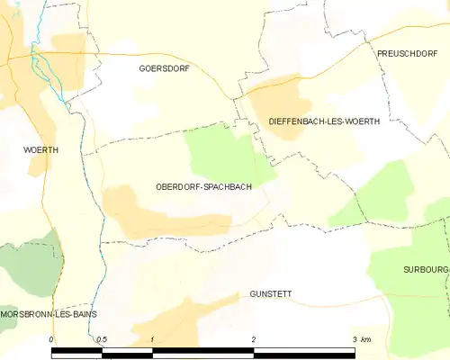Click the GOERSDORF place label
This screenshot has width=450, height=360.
[164, 68]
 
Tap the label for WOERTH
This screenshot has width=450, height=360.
[40, 150]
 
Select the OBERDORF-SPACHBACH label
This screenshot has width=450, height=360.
[202, 187]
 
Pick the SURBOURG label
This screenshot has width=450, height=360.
[426, 269]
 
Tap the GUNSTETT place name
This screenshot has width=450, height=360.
[271, 294]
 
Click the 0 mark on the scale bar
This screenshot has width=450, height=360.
[52, 339]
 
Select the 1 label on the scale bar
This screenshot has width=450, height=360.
[153, 339]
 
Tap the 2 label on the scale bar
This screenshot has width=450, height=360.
[254, 339]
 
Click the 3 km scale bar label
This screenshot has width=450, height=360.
[361, 339]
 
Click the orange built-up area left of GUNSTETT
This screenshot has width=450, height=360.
[180, 324]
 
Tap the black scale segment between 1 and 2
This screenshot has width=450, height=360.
[203, 353]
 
